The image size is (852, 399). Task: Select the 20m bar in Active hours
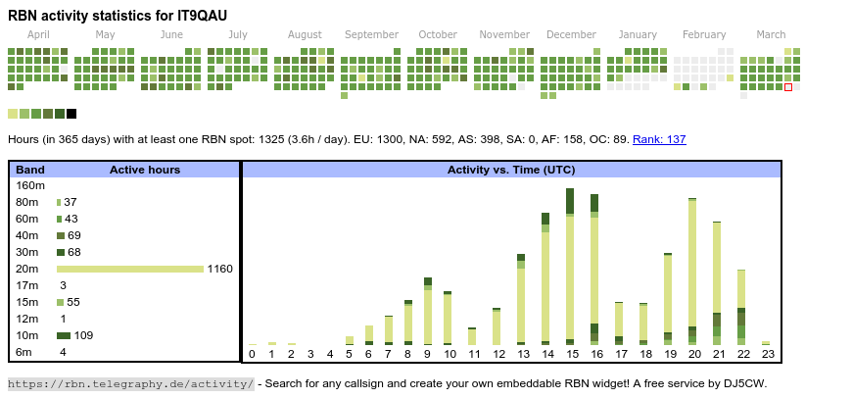(x=130, y=269)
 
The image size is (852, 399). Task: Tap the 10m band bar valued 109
(x=64, y=335)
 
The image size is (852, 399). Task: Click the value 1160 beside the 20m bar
(x=220, y=269)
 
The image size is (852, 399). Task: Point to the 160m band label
(x=30, y=185)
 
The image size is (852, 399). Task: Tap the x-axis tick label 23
(x=768, y=354)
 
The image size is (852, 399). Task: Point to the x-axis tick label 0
(x=252, y=354)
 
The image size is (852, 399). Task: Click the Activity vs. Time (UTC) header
(x=511, y=170)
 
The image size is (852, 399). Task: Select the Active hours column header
(x=145, y=170)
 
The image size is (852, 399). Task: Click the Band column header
(x=30, y=170)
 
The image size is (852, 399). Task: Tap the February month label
(x=704, y=34)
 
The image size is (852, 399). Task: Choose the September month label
(x=371, y=34)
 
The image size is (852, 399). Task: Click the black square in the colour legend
(x=71, y=114)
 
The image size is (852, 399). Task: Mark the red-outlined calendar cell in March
(x=788, y=87)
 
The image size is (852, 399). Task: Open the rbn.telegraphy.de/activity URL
(x=131, y=383)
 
